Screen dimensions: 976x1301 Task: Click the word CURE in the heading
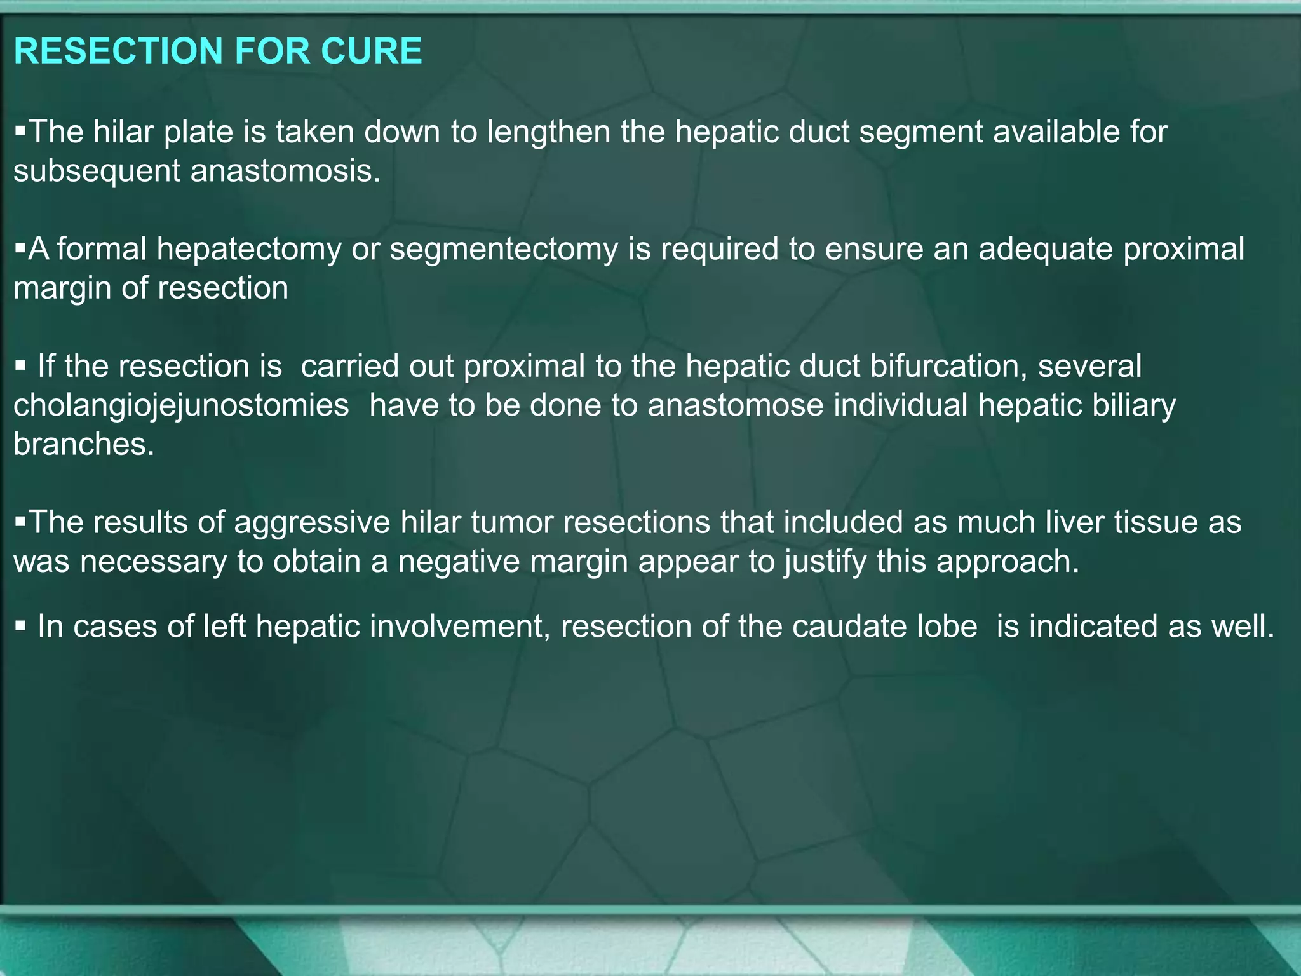pyautogui.click(x=371, y=51)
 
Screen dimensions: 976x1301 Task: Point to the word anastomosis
pyautogui.click(x=286, y=171)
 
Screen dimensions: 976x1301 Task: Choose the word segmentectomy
pyautogui.click(x=504, y=249)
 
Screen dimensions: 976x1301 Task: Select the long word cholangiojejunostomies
pyautogui.click(x=181, y=405)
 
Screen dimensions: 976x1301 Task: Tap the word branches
pyautogui.click(x=84, y=444)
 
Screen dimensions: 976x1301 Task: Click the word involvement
pyautogui.click(x=460, y=627)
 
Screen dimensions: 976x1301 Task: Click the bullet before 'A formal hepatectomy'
pyautogui.click(x=20, y=248)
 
